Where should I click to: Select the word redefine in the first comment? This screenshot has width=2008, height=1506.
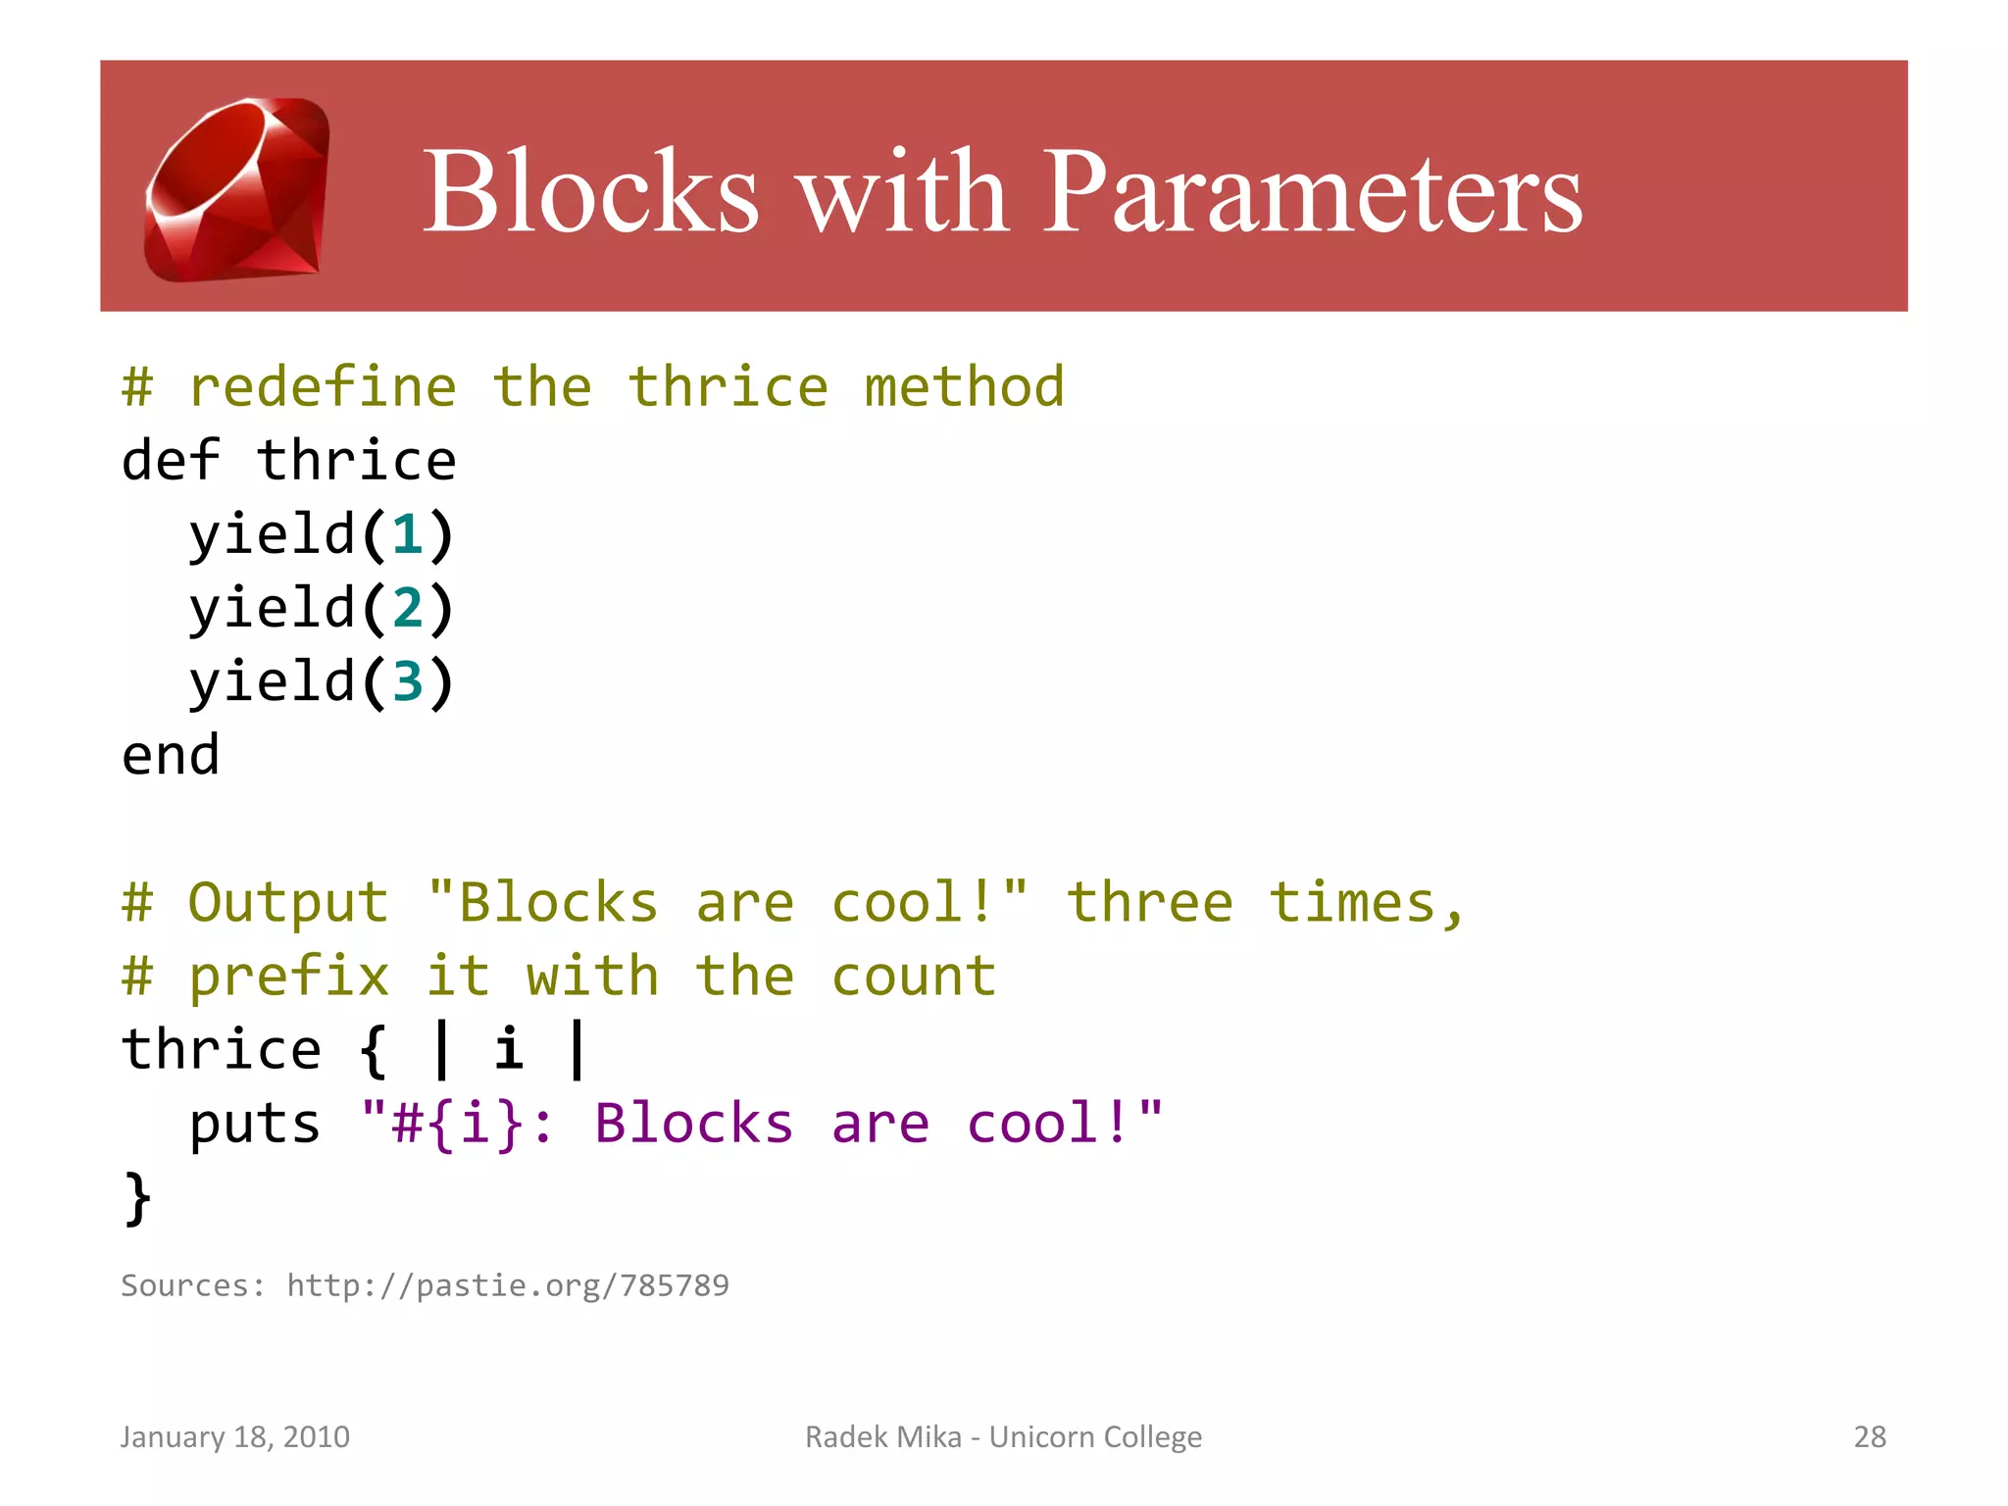pos(323,387)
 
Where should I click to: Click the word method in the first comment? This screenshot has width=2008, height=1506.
pos(964,387)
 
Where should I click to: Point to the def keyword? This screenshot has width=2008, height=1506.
pos(171,461)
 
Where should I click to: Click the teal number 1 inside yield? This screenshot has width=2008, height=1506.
pos(408,535)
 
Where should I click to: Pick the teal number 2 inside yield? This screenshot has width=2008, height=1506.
pos(408,609)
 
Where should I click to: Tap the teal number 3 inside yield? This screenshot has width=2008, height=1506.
pos(408,682)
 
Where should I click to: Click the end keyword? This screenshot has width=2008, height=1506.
pos(171,756)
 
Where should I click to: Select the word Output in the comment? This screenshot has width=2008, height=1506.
pos(288,903)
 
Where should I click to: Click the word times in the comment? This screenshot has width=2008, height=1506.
pos(1353,903)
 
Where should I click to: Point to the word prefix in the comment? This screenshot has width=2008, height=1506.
pos(288,977)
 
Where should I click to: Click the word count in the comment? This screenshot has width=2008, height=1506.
pos(914,977)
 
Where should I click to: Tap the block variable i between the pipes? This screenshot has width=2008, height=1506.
pos(508,1050)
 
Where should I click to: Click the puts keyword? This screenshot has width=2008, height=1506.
pos(255,1124)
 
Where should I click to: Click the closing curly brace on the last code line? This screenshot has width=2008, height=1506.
pos(138,1198)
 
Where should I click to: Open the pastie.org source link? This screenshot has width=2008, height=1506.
pos(508,1285)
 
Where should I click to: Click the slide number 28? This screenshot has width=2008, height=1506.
pos(1870,1436)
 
